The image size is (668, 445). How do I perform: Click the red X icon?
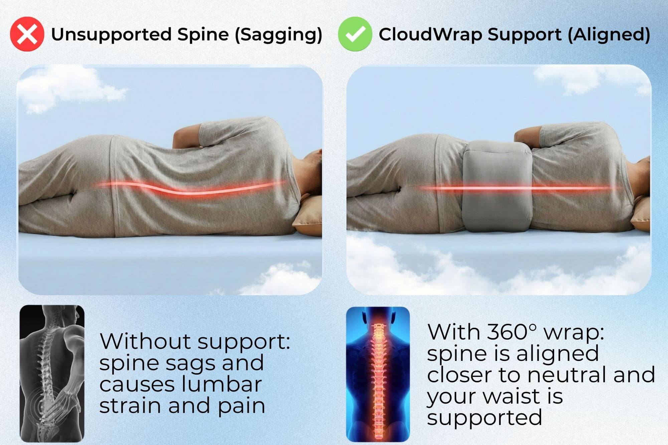point(27,34)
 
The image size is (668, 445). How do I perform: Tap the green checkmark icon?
point(355,34)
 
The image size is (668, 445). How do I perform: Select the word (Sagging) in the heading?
point(279,35)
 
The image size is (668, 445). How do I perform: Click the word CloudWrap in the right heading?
point(431,34)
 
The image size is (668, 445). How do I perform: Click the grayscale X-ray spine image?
point(52,373)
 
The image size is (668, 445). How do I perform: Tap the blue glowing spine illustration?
point(378,374)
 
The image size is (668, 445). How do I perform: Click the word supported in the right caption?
point(484,418)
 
